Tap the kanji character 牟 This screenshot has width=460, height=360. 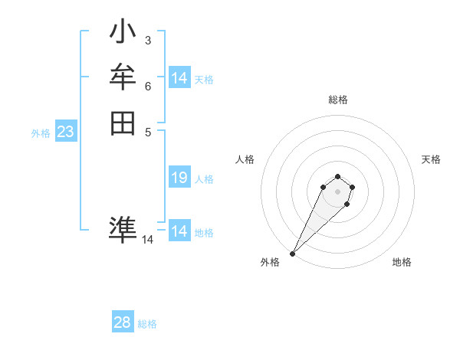coord(123,78)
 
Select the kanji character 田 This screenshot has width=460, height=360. coord(123,123)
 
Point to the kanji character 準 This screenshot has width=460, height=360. coord(123,229)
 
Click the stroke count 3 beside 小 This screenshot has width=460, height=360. coord(147,41)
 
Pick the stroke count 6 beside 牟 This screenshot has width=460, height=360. coord(147,86)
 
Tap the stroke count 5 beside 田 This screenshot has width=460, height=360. coord(147,131)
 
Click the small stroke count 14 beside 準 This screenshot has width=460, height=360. coord(147,240)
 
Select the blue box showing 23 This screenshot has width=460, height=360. coord(65,132)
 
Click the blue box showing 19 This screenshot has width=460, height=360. coord(179,178)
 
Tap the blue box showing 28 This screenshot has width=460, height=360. coord(122,323)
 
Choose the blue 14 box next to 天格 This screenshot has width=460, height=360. coord(179,78)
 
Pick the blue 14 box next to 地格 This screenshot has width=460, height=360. coord(179,231)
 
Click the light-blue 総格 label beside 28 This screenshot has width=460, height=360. coord(147,324)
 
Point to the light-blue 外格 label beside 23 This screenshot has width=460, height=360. coord(41,133)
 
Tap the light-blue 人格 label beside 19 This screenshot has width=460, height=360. coord(204,179)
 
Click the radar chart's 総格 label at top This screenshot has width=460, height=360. coord(337,100)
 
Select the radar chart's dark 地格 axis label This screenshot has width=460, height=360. coord(402,262)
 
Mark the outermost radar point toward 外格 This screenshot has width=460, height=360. coord(293,254)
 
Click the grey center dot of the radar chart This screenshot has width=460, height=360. coord(337,191)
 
